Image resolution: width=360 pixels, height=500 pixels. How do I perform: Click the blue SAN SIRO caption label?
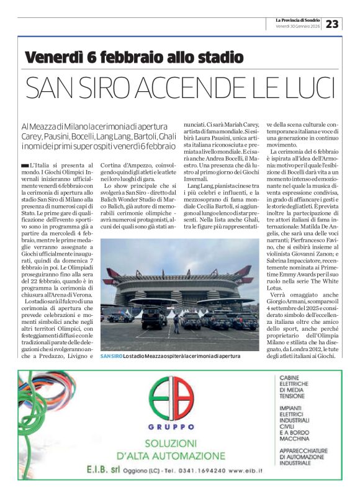click(x=111, y=356)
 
